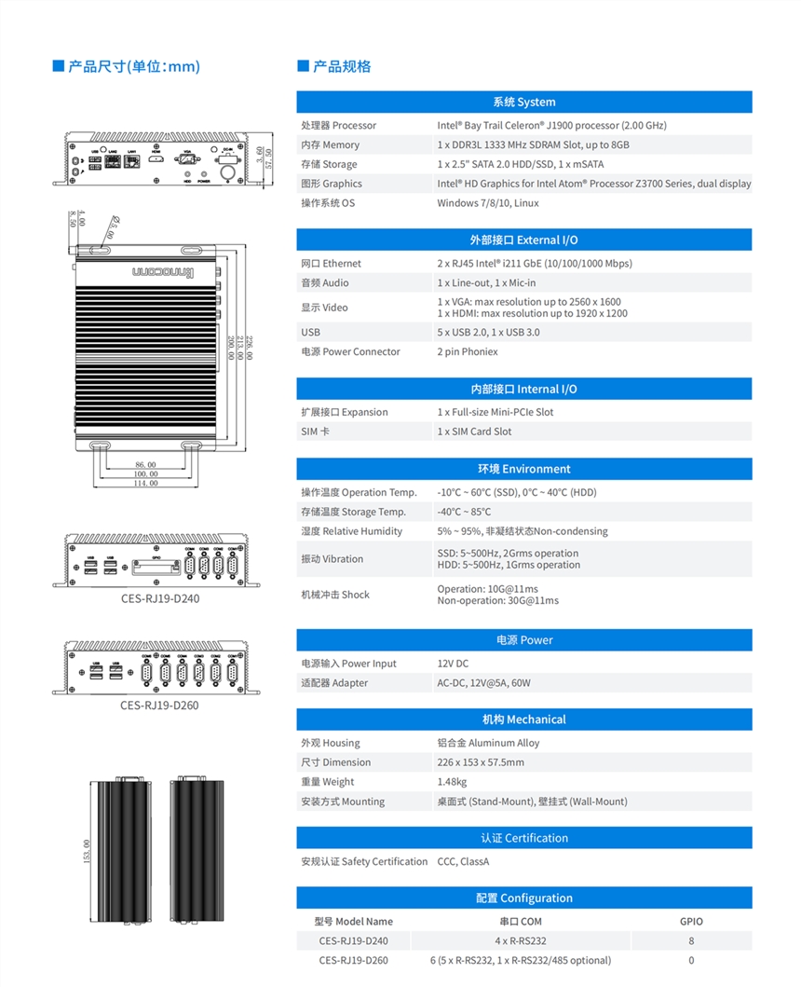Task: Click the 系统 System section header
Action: pos(523,102)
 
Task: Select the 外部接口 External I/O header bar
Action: pos(523,240)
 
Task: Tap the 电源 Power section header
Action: pos(523,640)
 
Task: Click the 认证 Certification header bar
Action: pos(523,838)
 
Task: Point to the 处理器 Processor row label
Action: pos(338,125)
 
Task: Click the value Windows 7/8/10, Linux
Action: pos(488,203)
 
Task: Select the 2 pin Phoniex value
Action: pos(468,351)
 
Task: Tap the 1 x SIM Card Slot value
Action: pos(474,432)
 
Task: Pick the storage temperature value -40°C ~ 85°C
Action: pos(464,512)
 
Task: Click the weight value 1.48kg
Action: pos(452,782)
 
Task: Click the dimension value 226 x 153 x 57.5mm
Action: pos(481,762)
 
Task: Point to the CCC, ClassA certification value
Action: pos(463,861)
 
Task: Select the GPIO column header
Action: pos(691,922)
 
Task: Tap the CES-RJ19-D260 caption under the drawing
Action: pos(159,706)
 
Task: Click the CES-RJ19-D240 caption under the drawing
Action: pos(159,598)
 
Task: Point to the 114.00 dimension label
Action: pos(145,484)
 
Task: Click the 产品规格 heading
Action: pos(341,66)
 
